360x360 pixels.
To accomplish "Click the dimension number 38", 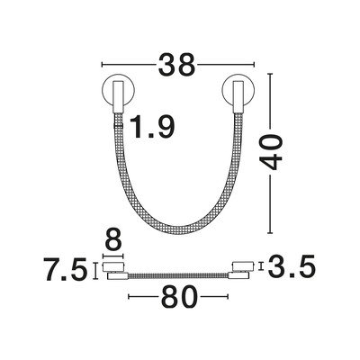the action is click(x=177, y=65).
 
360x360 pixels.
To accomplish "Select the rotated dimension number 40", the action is click(x=271, y=152).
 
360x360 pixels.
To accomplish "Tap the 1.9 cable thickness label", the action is click(x=152, y=127).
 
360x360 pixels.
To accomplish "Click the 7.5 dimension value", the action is click(x=66, y=269).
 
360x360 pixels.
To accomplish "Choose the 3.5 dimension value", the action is click(x=292, y=266).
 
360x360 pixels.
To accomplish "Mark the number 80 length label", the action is click(x=179, y=297).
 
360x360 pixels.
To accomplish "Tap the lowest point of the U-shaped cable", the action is click(x=179, y=230).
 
